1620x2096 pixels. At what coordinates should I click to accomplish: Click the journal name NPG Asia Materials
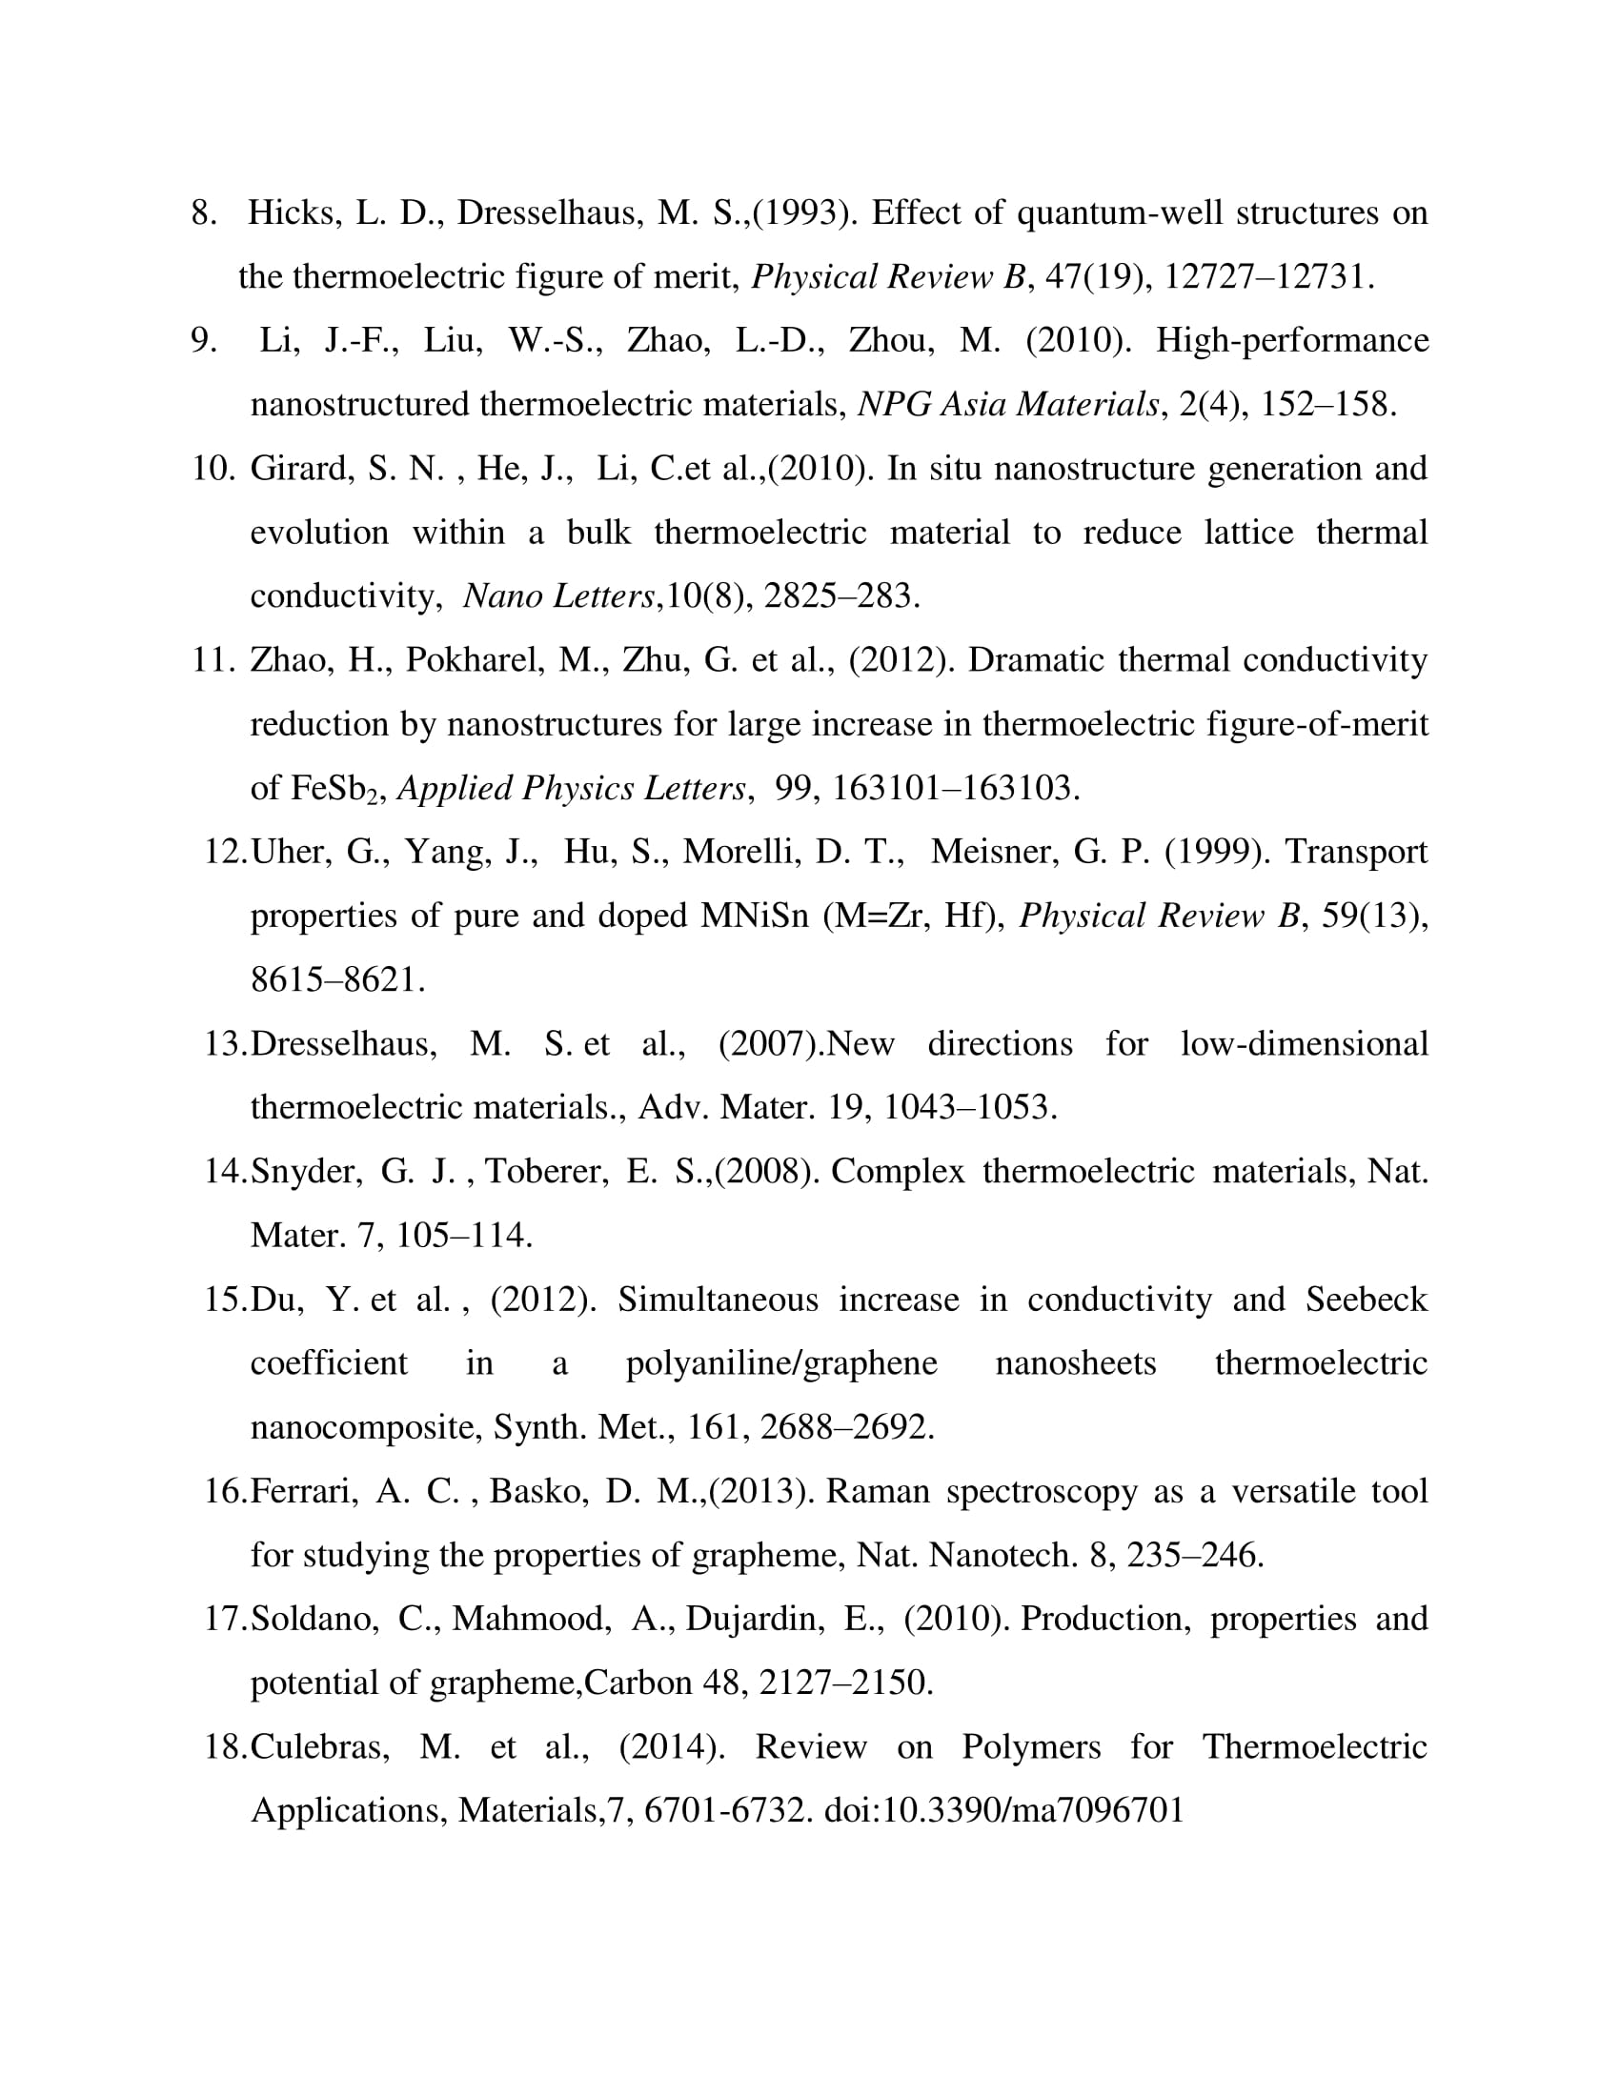tap(1007, 405)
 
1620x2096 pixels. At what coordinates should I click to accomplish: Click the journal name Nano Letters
tap(558, 597)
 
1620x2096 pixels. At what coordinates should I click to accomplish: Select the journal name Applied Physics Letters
tap(571, 789)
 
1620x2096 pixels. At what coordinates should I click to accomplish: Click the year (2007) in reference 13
tap(771, 1044)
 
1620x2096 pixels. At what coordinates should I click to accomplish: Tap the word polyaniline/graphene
tap(781, 1363)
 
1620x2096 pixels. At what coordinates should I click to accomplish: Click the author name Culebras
tap(319, 1746)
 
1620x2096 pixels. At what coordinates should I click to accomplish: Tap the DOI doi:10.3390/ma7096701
tap(1003, 1810)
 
